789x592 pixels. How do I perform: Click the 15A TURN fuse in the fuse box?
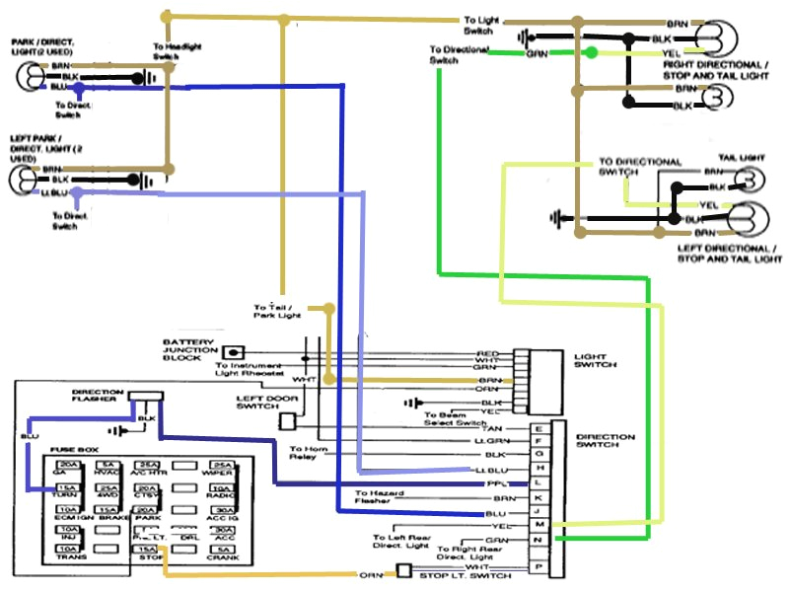68,490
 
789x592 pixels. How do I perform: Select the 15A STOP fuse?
146,553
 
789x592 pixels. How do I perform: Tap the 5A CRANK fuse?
224,553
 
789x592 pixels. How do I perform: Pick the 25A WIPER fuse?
224,469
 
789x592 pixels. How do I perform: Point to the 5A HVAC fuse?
108,469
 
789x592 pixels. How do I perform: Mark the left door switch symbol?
287,421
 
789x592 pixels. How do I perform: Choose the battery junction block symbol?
234,352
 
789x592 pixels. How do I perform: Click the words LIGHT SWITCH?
595,359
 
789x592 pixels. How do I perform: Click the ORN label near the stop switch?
370,574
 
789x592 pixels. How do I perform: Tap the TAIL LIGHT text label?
741,157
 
